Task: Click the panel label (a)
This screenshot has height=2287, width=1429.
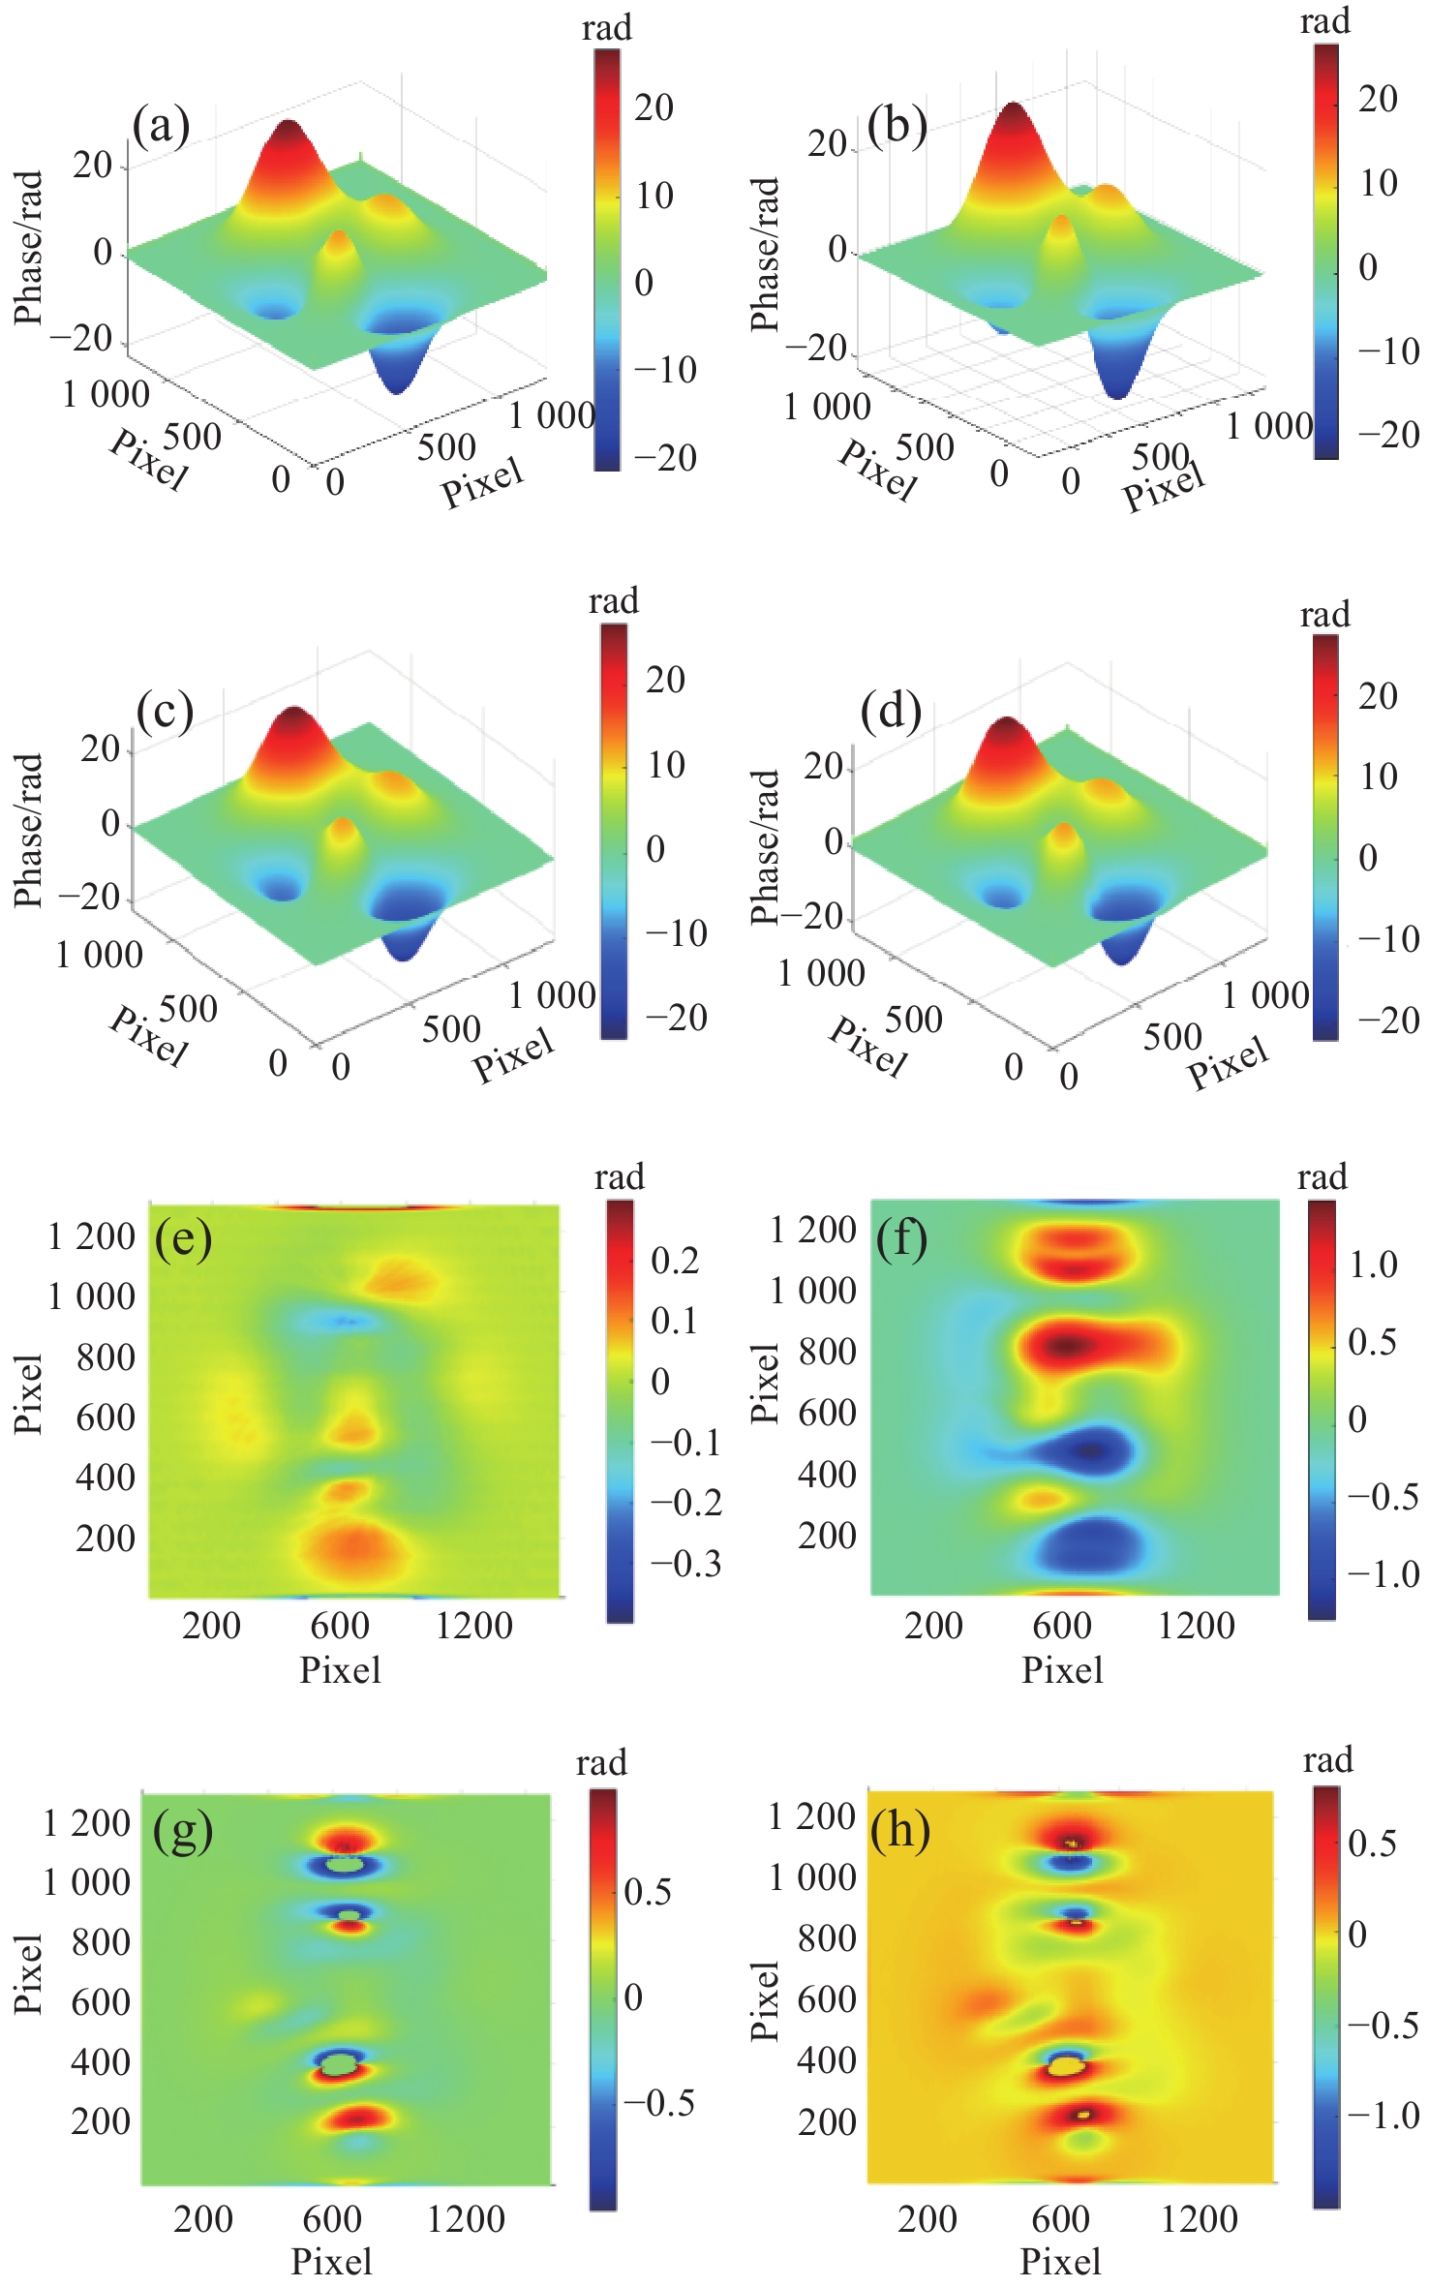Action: (161, 127)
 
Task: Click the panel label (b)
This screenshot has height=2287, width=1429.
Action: (897, 126)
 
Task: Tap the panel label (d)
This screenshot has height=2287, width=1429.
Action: (890, 712)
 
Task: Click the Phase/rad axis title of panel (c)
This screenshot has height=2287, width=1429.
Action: (29, 830)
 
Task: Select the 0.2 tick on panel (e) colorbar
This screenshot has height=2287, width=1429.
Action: (675, 1261)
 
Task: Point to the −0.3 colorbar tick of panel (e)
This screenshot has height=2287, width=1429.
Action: (685, 1564)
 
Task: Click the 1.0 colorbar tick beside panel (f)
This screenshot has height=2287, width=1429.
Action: (1373, 1265)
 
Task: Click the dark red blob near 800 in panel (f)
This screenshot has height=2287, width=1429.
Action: (1067, 1345)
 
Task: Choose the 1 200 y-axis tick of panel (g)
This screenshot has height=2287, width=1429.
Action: (86, 1823)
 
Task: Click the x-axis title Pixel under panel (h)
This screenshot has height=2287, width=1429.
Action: (1060, 2262)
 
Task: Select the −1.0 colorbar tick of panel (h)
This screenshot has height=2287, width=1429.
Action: (1383, 2116)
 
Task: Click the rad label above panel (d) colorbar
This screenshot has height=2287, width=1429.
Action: (1324, 615)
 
